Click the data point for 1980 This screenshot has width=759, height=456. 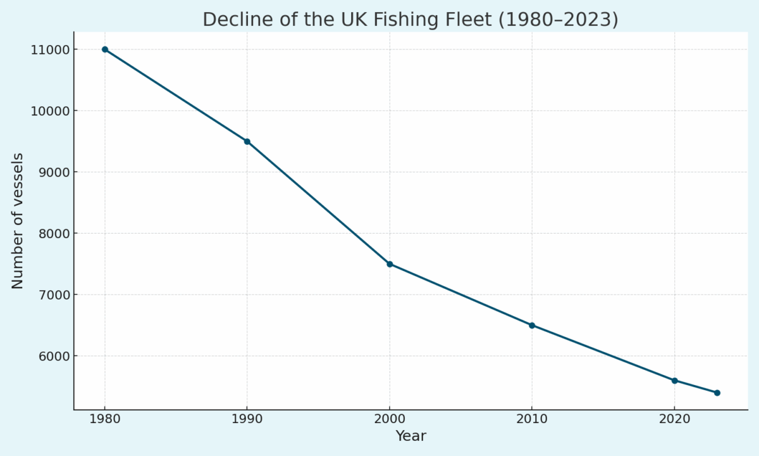point(105,49)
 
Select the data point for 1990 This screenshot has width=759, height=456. point(247,141)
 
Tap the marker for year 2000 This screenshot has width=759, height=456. point(390,264)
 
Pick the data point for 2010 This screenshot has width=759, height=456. point(532,326)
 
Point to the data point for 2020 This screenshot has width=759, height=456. point(675,381)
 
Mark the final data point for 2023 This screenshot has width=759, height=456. point(717,393)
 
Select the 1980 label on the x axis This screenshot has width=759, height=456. point(105,419)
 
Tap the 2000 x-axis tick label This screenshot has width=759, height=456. point(390,419)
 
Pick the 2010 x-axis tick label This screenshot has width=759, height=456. point(532,419)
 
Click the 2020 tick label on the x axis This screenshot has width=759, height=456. point(675,419)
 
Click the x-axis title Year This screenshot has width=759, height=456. point(410,436)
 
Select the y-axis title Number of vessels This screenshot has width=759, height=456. point(18,220)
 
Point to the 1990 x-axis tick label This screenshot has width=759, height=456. point(247,419)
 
